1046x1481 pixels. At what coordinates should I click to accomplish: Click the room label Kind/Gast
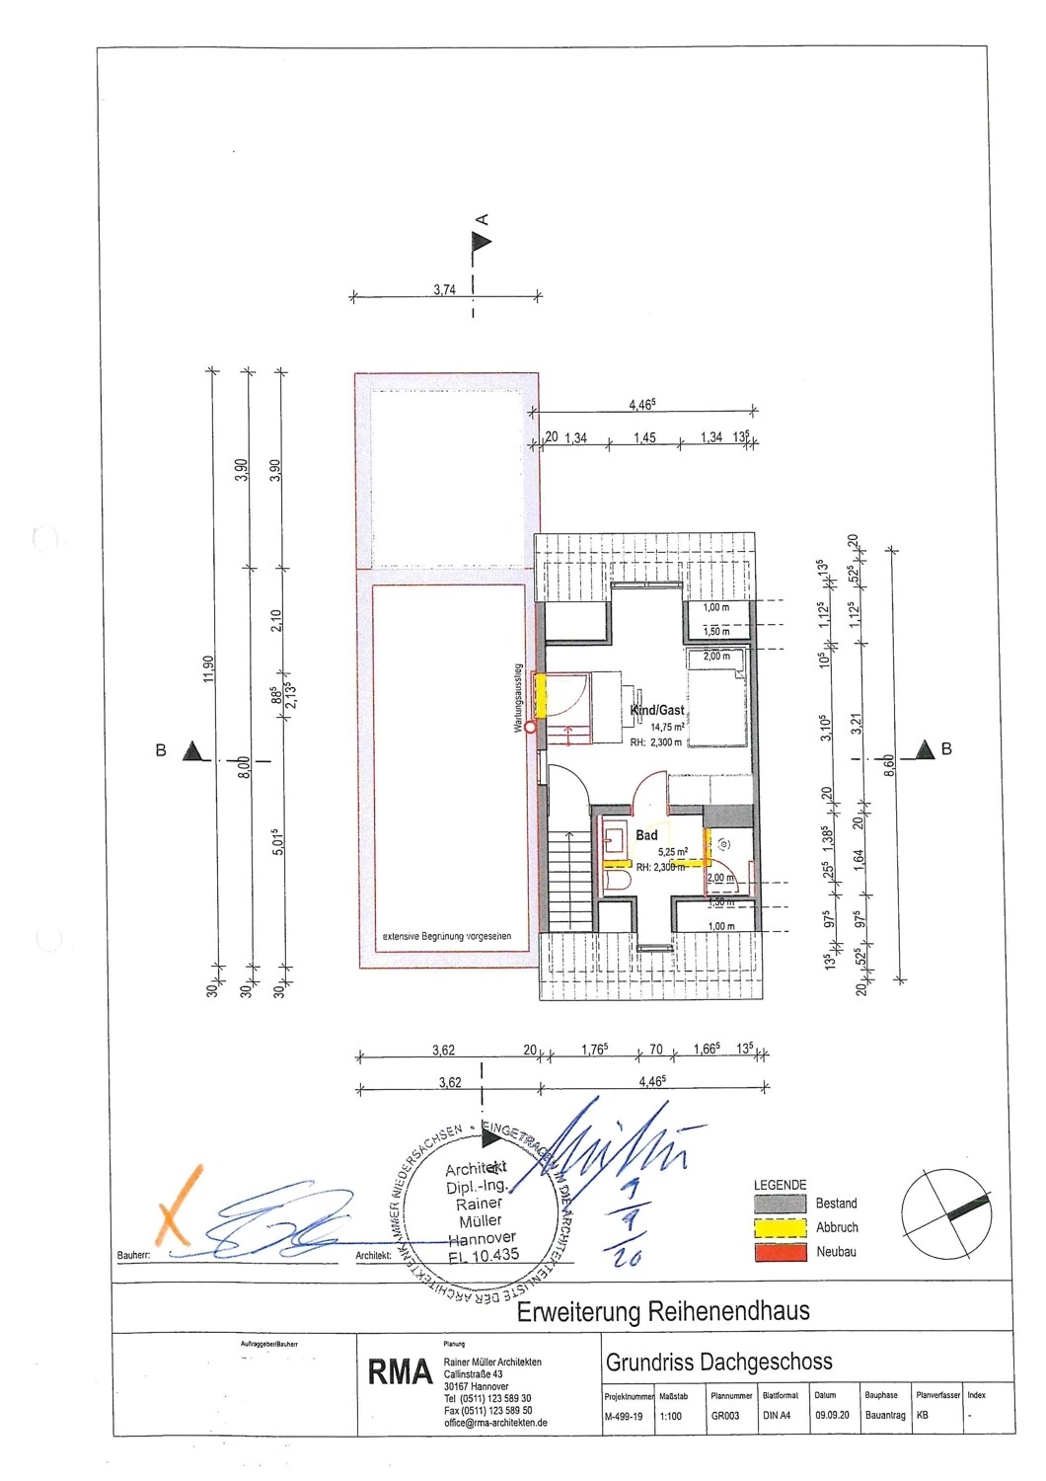coord(657,710)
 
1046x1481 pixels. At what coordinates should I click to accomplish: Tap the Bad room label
coord(646,835)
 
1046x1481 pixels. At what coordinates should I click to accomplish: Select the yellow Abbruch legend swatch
coord(781,1228)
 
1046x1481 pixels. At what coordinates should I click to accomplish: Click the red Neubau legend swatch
coord(781,1252)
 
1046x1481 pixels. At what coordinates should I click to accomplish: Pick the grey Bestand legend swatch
coord(781,1204)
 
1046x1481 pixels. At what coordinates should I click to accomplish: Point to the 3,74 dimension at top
coord(444,289)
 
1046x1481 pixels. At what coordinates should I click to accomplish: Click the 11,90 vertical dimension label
coord(207,668)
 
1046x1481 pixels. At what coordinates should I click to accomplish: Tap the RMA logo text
coord(400,1372)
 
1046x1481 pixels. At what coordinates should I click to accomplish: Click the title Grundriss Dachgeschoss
coord(718,1363)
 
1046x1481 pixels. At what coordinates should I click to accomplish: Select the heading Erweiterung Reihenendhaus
coord(663,1312)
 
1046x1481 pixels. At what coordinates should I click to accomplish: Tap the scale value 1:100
coord(671,1416)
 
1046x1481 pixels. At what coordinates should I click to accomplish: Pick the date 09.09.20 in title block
coord(831,1416)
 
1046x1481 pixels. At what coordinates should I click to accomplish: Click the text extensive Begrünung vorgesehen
coord(447,936)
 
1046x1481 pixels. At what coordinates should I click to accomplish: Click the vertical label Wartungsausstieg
coord(517,697)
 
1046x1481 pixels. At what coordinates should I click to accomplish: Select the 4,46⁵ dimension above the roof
coord(642,404)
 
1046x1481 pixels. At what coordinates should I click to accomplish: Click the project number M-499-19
coord(623,1416)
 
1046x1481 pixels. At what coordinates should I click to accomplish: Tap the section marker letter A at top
coord(483,219)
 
